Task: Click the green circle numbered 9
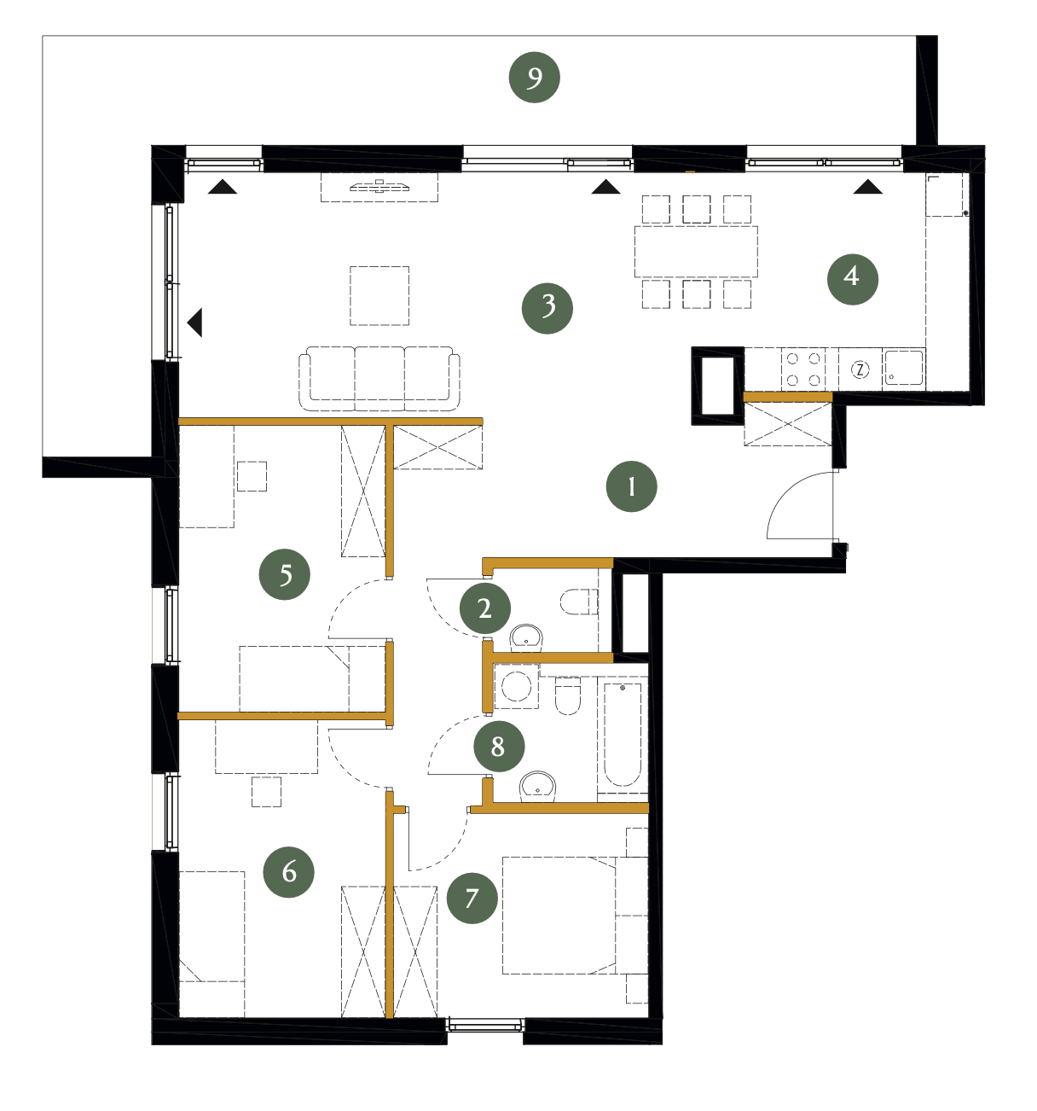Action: [x=534, y=77]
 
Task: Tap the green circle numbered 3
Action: [x=547, y=308]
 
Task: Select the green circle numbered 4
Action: [x=852, y=279]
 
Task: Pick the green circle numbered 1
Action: [x=631, y=486]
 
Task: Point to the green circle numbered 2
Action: [x=484, y=608]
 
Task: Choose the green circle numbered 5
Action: [x=284, y=574]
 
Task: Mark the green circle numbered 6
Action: [x=288, y=872]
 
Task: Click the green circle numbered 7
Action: [x=472, y=898]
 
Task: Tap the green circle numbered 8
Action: [x=498, y=747]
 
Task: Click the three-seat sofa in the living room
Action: [x=379, y=378]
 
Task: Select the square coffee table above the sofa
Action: [x=379, y=295]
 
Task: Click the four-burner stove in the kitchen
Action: [x=802, y=369]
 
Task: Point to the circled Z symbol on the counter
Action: [x=859, y=369]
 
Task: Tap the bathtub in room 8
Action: [x=622, y=734]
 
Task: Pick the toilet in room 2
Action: [x=578, y=602]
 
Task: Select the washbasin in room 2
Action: [x=526, y=637]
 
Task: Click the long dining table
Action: [x=695, y=251]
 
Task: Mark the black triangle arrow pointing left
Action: [x=194, y=323]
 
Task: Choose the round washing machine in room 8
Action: [x=516, y=686]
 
